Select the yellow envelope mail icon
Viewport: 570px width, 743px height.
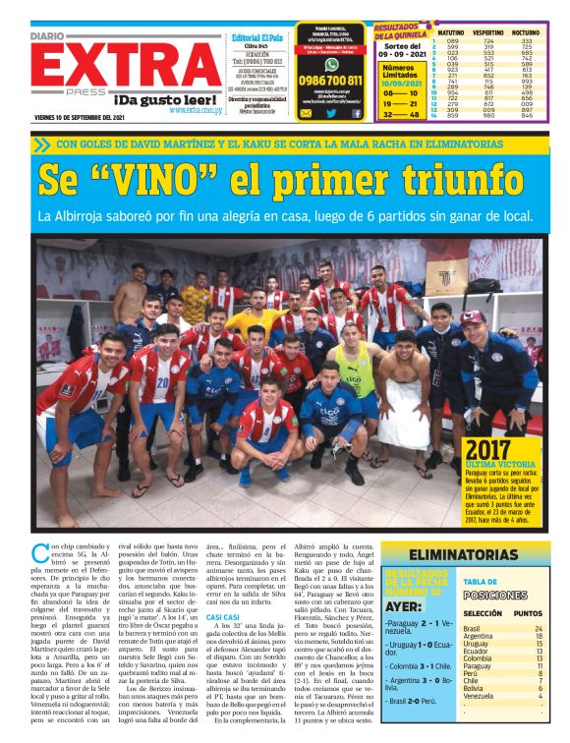point(306,113)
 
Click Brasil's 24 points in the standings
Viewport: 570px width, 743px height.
point(538,628)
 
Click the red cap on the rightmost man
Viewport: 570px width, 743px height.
point(475,316)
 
